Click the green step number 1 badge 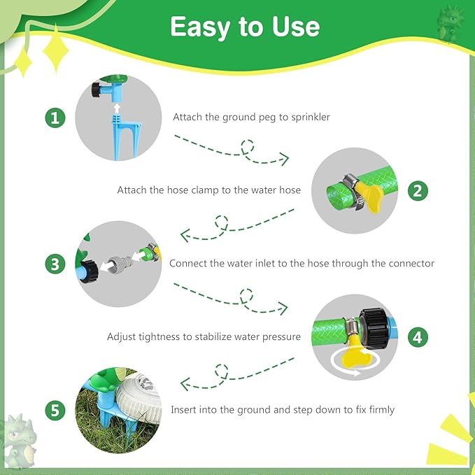click(x=56, y=118)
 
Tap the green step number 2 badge click(x=418, y=190)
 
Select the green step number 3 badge click(x=56, y=264)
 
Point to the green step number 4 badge click(x=418, y=336)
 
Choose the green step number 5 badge click(x=56, y=409)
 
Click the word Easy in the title click(x=199, y=27)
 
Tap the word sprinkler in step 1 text click(x=306, y=118)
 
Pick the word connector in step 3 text click(x=409, y=264)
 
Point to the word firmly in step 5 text click(x=378, y=409)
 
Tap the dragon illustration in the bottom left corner click(x=19, y=441)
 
